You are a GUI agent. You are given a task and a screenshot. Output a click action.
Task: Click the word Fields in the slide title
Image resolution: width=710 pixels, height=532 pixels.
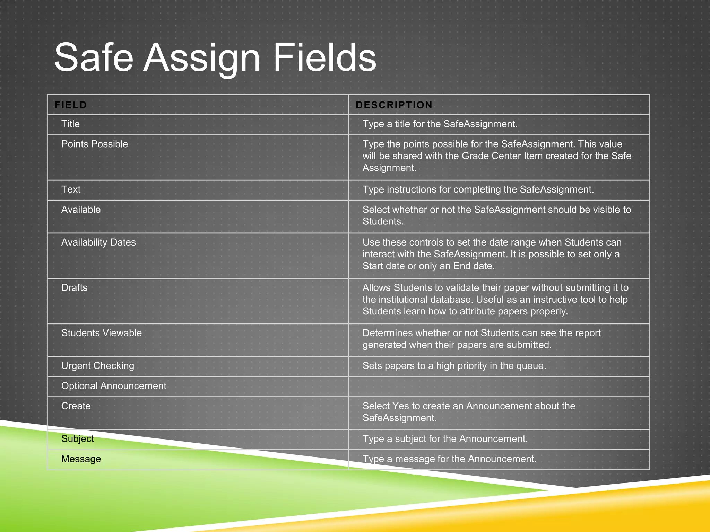click(x=324, y=58)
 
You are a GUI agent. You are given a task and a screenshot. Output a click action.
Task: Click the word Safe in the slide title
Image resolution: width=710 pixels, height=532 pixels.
click(x=94, y=58)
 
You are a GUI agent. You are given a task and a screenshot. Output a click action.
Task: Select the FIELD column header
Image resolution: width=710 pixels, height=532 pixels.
click(x=71, y=105)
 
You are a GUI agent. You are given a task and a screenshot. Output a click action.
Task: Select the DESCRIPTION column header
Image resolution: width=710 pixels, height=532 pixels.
click(x=394, y=105)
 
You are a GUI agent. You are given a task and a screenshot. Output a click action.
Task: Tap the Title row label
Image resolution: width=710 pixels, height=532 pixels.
click(x=70, y=124)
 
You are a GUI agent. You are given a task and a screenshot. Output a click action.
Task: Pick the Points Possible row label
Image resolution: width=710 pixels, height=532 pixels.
click(x=94, y=144)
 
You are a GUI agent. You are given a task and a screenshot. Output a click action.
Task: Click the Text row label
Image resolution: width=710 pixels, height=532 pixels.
click(x=71, y=189)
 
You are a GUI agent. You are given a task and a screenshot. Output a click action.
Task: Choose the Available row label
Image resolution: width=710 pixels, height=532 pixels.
click(x=81, y=210)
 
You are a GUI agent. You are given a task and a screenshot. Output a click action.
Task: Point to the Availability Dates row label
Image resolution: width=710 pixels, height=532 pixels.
click(x=98, y=242)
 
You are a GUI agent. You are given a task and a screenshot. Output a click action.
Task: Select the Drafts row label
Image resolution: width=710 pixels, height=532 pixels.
click(x=74, y=288)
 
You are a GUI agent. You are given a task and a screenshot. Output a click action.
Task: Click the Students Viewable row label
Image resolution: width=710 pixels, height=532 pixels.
click(x=101, y=333)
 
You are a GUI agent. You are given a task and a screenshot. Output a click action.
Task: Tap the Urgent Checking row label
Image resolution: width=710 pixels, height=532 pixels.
click(x=97, y=366)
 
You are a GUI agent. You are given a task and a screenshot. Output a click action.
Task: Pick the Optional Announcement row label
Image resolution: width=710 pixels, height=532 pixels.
click(x=114, y=386)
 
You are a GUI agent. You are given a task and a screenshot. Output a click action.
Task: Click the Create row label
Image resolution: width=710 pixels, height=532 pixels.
click(x=76, y=406)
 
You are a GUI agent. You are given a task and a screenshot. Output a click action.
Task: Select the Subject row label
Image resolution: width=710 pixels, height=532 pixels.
click(x=78, y=439)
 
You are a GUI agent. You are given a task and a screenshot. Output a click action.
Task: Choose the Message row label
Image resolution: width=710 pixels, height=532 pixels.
click(x=81, y=459)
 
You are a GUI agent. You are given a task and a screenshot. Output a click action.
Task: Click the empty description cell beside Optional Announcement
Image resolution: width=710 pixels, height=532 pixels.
click(x=499, y=387)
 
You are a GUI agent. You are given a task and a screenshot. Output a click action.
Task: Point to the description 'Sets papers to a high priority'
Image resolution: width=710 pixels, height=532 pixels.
click(x=454, y=366)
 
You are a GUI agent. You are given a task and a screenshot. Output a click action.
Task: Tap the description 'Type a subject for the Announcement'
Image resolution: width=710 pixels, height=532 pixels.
click(x=445, y=439)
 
